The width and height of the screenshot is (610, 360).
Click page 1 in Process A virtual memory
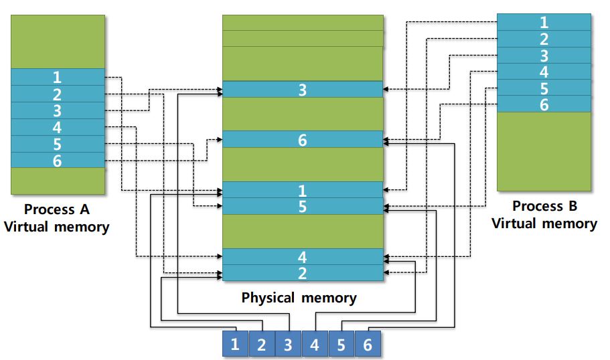click(58, 77)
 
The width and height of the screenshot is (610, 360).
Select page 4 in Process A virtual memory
click(58, 127)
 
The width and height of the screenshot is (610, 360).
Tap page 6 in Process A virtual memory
click(58, 160)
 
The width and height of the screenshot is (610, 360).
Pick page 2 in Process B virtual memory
click(544, 39)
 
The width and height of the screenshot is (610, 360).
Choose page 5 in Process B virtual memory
click(544, 88)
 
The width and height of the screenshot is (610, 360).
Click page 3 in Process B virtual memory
click(544, 55)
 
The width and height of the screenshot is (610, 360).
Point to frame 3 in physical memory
click(303, 90)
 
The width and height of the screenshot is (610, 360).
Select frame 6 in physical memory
click(303, 139)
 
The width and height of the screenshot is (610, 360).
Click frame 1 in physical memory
click(303, 190)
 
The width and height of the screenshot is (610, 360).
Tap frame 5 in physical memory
click(303, 206)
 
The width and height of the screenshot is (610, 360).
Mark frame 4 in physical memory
click(303, 256)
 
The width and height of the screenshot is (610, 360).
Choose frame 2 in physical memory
click(303, 272)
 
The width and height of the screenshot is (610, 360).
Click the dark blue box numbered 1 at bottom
click(235, 344)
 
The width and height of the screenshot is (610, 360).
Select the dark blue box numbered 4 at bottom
click(315, 344)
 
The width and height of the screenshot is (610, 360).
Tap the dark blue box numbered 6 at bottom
click(368, 344)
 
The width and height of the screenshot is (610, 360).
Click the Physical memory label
click(299, 298)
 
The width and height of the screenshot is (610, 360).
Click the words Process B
click(544, 205)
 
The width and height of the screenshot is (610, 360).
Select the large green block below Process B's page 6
click(544, 151)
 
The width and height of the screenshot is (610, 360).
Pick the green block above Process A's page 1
click(58, 41)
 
